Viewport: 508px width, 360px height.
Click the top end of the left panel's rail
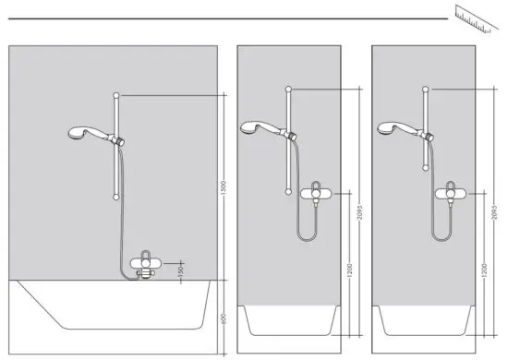[115, 95]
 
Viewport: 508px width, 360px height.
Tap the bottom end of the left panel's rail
[115, 196]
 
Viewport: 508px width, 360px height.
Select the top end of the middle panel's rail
[290, 89]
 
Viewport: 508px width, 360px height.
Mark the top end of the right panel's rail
[427, 89]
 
